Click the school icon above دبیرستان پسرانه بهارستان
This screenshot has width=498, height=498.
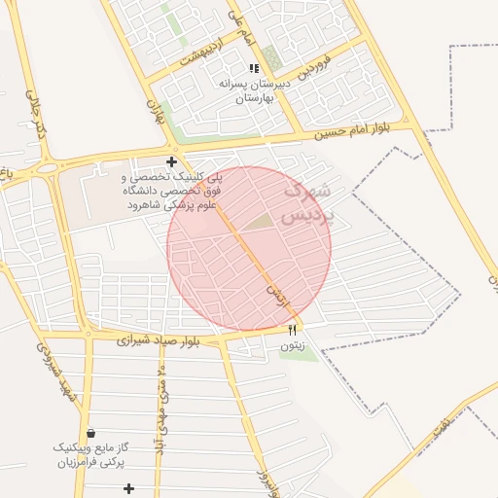[254, 68]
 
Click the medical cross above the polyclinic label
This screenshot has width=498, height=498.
[171, 161]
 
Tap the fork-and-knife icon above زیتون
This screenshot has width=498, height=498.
[292, 332]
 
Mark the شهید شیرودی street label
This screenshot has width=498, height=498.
[53, 374]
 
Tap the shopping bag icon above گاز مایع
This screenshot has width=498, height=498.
[90, 433]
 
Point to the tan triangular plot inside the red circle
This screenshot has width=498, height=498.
[259, 223]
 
